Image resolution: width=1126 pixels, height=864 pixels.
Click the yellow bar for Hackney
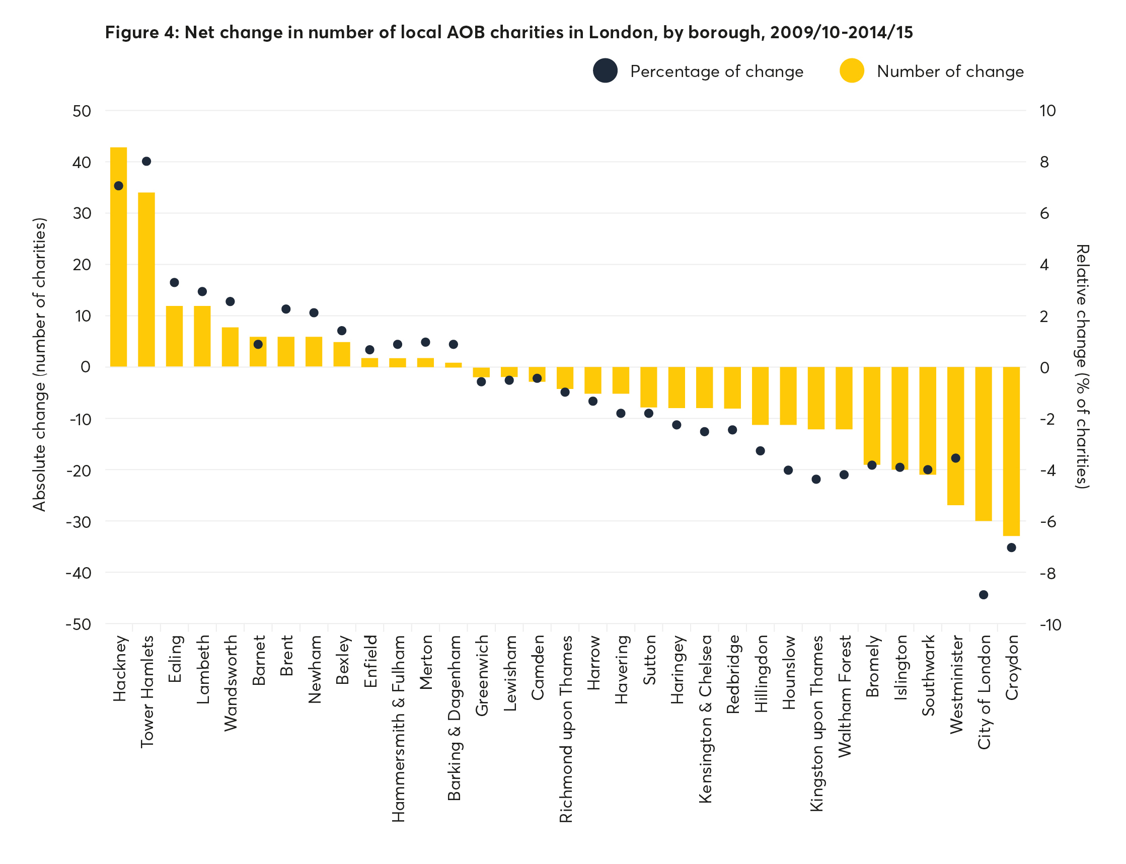(118, 257)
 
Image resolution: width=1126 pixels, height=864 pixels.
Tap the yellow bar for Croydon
(1011, 451)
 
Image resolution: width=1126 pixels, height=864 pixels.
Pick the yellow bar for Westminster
(955, 436)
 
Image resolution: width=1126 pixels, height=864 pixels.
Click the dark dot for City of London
(983, 594)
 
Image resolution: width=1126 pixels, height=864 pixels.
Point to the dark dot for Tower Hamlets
(146, 162)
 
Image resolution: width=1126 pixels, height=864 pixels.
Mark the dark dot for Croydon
(1011, 547)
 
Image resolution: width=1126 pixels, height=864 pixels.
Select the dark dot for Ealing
(174, 282)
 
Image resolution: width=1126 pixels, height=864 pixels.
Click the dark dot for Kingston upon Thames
(816, 479)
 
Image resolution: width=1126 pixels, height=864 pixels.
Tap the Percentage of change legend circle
(605, 71)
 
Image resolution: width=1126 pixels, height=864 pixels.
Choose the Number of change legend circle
(851, 71)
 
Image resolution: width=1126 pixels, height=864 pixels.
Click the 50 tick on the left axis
(82, 111)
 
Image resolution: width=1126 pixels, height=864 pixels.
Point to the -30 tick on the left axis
(78, 521)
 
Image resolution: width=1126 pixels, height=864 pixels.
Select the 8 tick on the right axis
(1044, 162)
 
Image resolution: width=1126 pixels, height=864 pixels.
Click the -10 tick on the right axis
(1050, 624)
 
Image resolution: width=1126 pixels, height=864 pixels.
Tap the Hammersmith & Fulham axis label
(398, 728)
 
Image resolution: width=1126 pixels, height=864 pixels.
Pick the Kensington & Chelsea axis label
(705, 719)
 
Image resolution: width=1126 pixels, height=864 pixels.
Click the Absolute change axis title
(40, 364)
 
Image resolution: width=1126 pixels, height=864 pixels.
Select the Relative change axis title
(1082, 366)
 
